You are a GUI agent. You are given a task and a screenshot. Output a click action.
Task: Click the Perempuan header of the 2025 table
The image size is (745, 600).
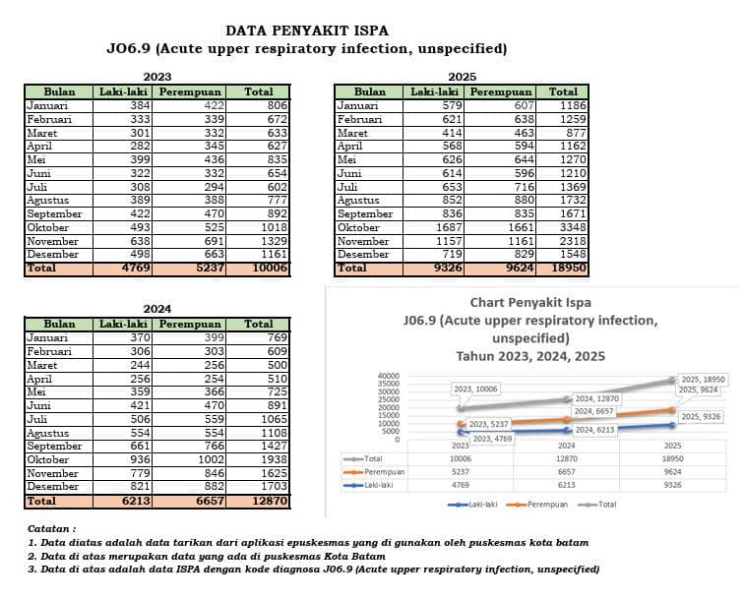(500, 91)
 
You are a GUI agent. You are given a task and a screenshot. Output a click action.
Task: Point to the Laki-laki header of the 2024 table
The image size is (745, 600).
(123, 325)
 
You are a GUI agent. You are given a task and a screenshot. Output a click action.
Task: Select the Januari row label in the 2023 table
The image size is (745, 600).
(47, 105)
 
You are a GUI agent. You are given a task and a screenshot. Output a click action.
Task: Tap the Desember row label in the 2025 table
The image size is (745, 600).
(363, 255)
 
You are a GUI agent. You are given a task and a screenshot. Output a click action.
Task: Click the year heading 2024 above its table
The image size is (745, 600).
(157, 309)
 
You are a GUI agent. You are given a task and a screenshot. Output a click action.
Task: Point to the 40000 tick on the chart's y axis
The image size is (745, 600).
(389, 376)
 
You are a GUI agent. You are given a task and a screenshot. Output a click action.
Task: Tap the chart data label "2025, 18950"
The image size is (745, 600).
(704, 380)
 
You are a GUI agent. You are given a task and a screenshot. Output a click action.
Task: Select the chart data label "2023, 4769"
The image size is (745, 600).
(493, 439)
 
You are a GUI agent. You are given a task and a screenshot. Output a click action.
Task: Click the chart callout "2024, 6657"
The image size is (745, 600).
(593, 411)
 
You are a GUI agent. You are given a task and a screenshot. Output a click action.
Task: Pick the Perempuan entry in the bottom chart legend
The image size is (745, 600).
(537, 505)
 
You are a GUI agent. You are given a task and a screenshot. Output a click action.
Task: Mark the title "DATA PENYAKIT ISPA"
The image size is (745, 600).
(307, 30)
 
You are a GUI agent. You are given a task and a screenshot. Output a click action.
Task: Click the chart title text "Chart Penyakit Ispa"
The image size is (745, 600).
(530, 302)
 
